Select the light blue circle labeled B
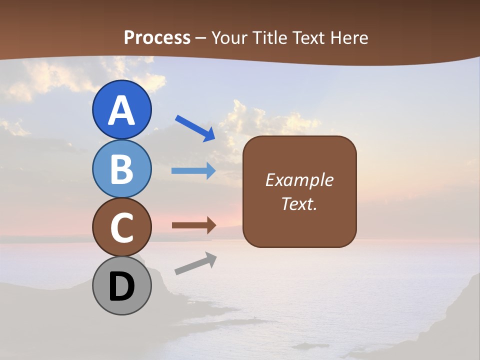pyautogui.click(x=121, y=168)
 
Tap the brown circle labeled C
pyautogui.click(x=121, y=227)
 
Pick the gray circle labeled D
pyautogui.click(x=121, y=285)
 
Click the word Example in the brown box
pyautogui.click(x=299, y=180)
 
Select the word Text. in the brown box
pyautogui.click(x=299, y=204)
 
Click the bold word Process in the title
pyautogui.click(x=157, y=37)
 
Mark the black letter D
pyautogui.click(x=121, y=287)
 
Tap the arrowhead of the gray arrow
pyautogui.click(x=210, y=259)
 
